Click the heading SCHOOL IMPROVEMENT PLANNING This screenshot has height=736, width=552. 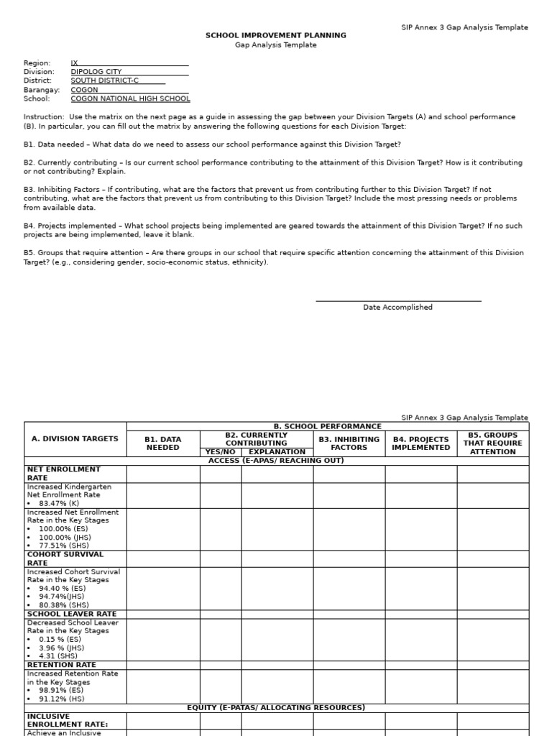[276, 35]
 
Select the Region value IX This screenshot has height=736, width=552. [75, 63]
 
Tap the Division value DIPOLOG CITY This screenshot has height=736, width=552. [96, 72]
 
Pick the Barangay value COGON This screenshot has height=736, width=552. [85, 90]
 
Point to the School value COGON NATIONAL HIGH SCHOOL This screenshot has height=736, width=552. [130, 99]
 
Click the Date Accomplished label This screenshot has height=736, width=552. [397, 308]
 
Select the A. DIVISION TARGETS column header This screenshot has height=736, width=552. [75, 438]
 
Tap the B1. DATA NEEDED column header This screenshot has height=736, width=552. [163, 443]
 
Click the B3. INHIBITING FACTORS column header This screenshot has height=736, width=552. [349, 443]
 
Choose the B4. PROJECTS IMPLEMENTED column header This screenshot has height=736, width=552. [420, 443]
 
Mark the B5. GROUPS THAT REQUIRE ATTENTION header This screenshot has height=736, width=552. [492, 443]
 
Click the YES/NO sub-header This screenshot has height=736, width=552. [220, 452]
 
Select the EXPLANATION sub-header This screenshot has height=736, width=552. [277, 452]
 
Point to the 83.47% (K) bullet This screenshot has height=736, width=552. [55, 504]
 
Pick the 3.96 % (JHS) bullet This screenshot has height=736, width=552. [60, 648]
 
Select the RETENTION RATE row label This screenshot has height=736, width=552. [61, 665]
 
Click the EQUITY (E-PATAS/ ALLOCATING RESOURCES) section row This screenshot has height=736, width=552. [276, 708]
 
